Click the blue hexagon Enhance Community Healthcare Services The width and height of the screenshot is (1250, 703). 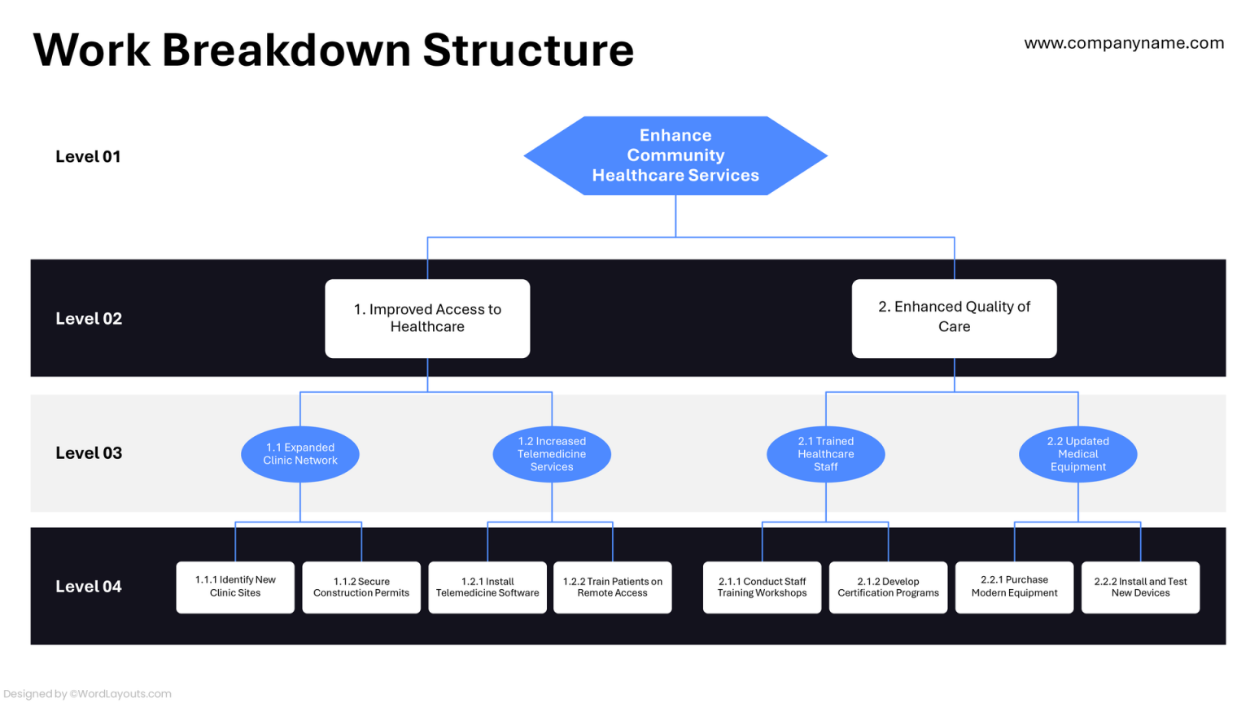[675, 155]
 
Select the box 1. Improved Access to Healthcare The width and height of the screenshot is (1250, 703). [427, 318]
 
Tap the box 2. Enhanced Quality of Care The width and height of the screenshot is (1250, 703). [954, 317]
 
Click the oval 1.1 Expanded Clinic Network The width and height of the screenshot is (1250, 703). [300, 454]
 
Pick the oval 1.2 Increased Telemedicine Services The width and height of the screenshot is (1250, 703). [552, 454]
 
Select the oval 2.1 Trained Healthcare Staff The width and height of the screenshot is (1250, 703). [825, 454]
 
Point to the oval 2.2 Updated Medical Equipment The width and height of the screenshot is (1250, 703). [1077, 454]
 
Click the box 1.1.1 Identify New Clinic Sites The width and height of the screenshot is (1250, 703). [235, 587]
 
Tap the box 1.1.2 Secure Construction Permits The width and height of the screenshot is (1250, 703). [361, 587]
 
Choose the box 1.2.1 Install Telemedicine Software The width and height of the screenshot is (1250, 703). [487, 587]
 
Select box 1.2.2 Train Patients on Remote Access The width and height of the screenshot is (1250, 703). [613, 587]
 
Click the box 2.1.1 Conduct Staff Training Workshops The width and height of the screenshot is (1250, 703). [762, 587]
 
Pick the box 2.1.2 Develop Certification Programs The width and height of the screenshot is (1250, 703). [888, 587]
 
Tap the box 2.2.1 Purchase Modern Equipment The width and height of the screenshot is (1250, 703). [1014, 587]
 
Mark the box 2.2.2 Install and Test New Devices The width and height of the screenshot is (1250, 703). [1140, 587]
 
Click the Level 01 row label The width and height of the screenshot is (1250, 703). [88, 156]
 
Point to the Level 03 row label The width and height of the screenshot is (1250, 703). [89, 453]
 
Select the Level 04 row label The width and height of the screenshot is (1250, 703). [89, 587]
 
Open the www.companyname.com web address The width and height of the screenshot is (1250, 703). [1124, 43]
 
